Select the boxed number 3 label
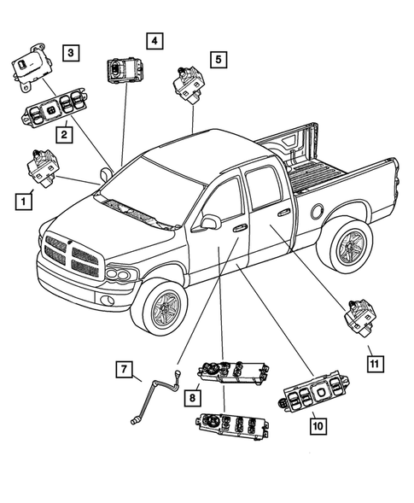[72, 54]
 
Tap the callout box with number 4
[154, 40]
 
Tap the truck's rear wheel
[348, 249]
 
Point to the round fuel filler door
[318, 210]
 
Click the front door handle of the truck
[241, 228]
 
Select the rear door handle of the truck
[283, 212]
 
